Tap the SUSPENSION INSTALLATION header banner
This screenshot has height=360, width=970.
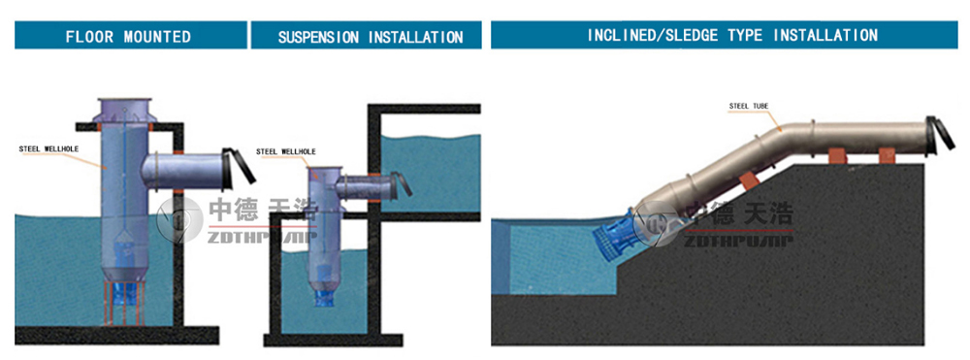[367, 35]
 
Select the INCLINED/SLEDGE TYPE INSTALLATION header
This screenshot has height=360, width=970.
[725, 35]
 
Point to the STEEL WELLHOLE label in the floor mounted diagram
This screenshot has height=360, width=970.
[48, 148]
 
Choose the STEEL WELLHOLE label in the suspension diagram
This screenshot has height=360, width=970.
[286, 151]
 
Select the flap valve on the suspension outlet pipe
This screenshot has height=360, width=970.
[403, 184]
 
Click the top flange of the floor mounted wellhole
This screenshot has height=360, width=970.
[124, 102]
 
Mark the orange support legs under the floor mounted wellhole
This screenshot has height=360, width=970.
[125, 302]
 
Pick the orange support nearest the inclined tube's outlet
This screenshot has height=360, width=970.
[888, 155]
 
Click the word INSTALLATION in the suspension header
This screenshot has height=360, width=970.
[416, 37]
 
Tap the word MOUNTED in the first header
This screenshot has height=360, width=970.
[157, 37]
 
